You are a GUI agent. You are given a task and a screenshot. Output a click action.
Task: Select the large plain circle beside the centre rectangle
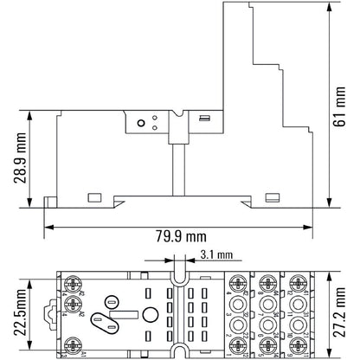click(150, 315)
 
